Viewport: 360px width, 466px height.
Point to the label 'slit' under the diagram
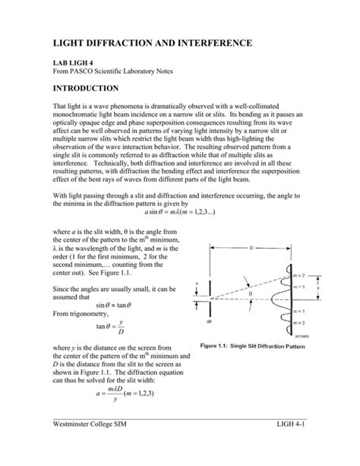point(208,322)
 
